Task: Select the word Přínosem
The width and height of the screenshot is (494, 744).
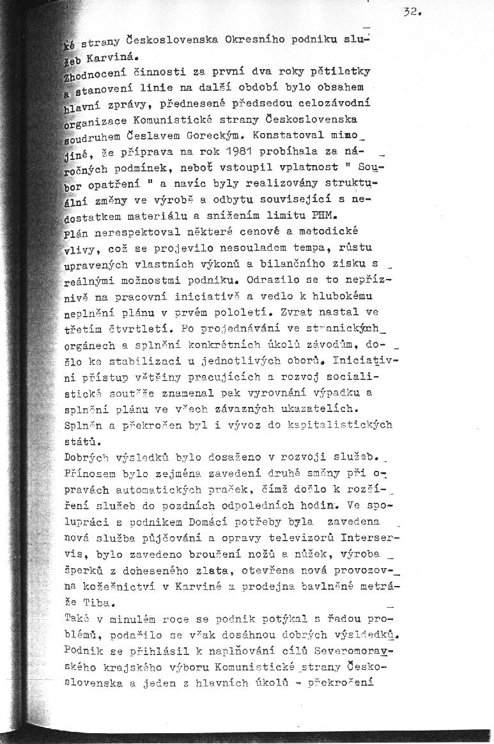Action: (91, 473)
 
